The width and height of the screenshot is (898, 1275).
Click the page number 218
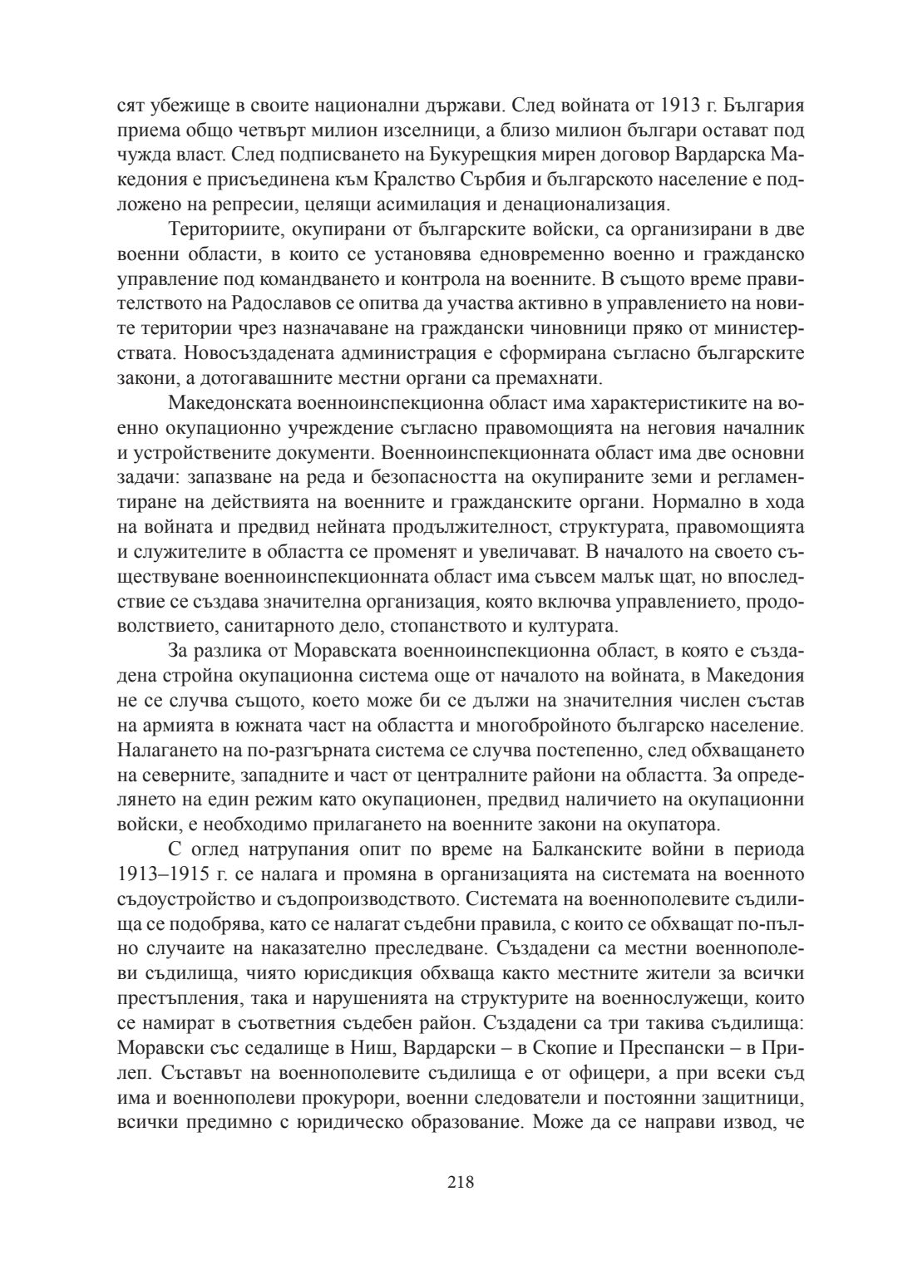460,1181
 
